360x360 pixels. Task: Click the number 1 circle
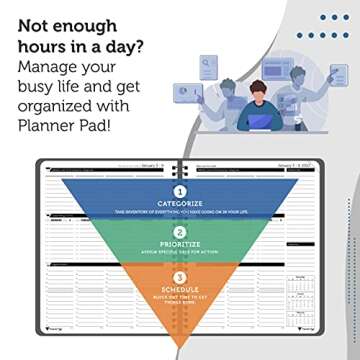[x=180, y=190]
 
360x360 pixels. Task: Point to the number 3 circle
[x=180, y=279]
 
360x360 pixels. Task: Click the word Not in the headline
[x=33, y=24]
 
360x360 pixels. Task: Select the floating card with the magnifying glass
[x=209, y=67]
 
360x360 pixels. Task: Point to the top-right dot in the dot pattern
[x=346, y=17]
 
